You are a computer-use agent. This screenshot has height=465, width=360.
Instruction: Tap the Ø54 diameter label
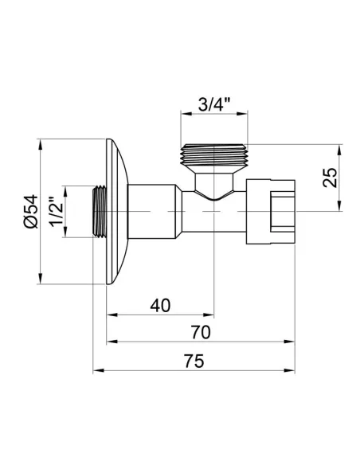click(29, 211)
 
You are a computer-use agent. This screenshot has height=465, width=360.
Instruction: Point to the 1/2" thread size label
click(53, 211)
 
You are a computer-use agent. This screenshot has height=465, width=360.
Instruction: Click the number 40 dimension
click(160, 304)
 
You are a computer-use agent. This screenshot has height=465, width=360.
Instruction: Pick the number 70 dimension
click(201, 332)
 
